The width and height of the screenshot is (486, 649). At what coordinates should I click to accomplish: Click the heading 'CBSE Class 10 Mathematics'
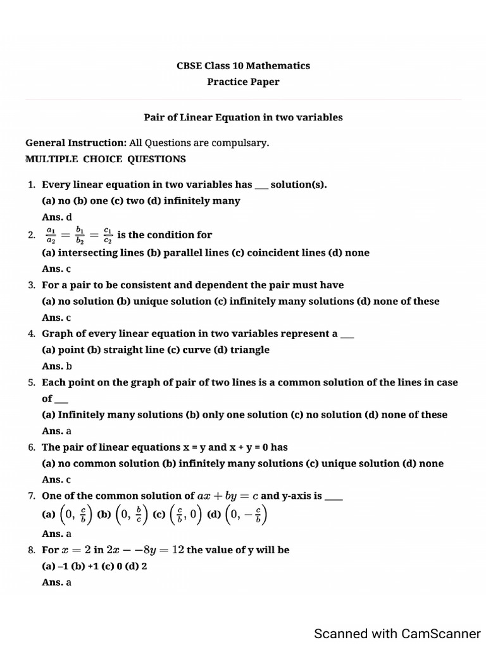coord(243,65)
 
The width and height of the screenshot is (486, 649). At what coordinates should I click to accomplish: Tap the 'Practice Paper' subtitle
coord(243,82)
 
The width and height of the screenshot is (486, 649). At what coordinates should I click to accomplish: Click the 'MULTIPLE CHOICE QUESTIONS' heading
coord(106,159)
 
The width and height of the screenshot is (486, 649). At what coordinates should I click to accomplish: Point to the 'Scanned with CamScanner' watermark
coord(397,633)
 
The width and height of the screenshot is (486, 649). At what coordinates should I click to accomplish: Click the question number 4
coord(31,333)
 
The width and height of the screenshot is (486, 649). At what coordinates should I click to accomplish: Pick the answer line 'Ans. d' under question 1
coord(57,217)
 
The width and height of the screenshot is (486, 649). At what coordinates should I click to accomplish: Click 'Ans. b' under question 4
coord(57,366)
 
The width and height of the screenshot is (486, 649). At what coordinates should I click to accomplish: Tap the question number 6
coord(31,447)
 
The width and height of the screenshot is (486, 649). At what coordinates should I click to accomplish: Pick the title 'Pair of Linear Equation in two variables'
coord(243,117)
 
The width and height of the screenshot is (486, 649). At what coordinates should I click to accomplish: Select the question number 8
coord(31,550)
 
